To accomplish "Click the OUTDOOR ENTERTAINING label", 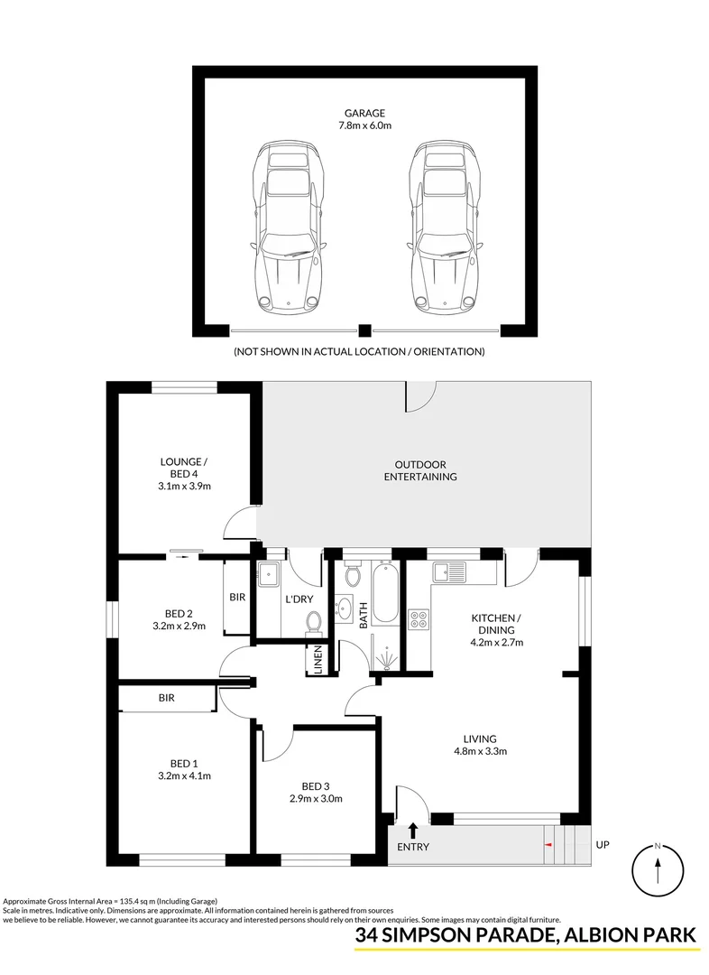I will click(x=420, y=470).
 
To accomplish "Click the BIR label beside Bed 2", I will click(x=237, y=598).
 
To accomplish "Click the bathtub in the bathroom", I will click(x=385, y=592).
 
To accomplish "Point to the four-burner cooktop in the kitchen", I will click(x=419, y=619).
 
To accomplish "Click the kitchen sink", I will click(x=448, y=571).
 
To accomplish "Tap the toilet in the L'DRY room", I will click(x=314, y=621).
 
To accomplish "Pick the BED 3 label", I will click(x=315, y=785).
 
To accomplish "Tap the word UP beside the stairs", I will click(x=603, y=845).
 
